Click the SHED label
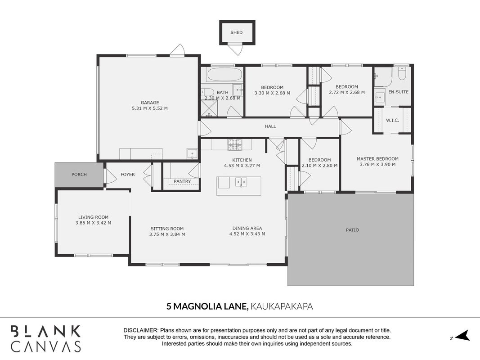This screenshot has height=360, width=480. point(236,32)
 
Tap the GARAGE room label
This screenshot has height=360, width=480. point(150,103)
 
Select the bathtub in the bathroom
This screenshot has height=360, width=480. point(224,74)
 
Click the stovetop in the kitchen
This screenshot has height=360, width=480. point(234,145)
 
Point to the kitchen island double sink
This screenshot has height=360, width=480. point(241,182)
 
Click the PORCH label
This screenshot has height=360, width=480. point(79,175)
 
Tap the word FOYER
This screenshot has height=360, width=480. point(128,175)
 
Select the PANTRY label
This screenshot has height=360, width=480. point(182,181)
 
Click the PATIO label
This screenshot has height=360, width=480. point(352,230)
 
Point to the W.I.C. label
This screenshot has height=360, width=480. point(392,120)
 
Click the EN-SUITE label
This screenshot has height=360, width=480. point(398,92)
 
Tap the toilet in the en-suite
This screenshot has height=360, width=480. point(402,73)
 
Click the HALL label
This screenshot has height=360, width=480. point(270,126)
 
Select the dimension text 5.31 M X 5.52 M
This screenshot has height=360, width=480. point(150,108)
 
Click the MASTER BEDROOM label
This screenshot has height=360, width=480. point(377,159)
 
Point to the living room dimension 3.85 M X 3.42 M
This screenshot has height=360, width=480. point(94,223)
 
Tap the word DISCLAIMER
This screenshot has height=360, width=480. point(141,331)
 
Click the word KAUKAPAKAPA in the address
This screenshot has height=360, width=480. point(282,306)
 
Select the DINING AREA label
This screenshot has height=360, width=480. point(247,228)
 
